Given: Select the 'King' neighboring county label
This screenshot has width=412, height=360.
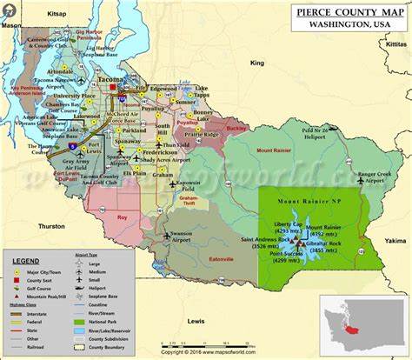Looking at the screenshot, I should coord(256,63).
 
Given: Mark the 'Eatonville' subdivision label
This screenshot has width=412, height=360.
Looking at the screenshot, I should coord(228,257).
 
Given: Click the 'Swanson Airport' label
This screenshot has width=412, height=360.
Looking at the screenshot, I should coord(181,237).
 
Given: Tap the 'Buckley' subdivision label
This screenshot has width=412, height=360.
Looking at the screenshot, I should coord(236,127).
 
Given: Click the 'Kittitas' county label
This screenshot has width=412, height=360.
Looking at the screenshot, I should coord(395,42).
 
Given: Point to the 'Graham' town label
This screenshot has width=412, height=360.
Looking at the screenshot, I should coord(163,174).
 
